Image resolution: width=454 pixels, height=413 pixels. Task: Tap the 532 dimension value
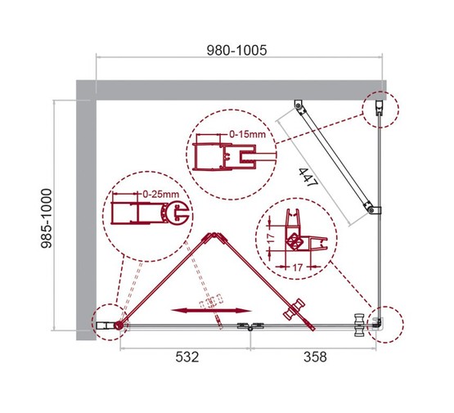pos(186,357)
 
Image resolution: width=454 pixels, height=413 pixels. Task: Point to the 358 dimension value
pos(314,357)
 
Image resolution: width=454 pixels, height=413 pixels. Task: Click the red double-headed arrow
pos(210,310)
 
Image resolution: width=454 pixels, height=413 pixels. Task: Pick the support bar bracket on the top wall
pos(298,107)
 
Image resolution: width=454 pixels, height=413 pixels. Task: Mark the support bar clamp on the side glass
pos(372,210)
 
